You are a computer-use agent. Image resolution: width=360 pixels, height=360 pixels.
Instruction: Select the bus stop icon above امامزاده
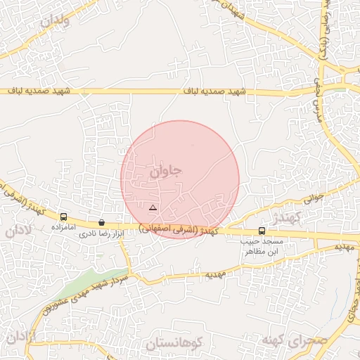click(64, 217)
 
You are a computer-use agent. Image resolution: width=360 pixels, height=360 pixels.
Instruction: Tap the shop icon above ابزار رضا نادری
click(101, 222)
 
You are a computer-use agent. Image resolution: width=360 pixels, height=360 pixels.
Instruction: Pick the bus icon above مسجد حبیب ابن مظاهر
click(262, 231)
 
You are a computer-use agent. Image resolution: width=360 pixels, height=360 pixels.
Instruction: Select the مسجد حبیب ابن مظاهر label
click(261, 246)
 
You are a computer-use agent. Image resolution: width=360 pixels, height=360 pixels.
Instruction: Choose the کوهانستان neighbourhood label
click(174, 343)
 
